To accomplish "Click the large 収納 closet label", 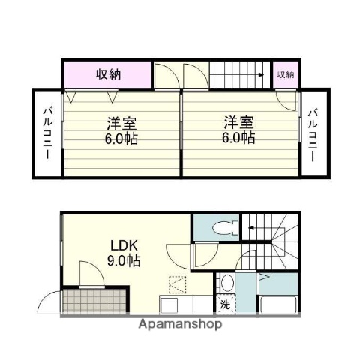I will tap(108, 74).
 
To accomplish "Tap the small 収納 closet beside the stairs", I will tap(286, 73).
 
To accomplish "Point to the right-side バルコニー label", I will tap(313, 135).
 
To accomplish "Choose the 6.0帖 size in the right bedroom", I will tap(238, 138).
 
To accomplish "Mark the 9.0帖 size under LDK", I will tap(121, 261).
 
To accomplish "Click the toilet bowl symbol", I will tap(223, 228).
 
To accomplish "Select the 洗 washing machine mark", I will tap(226, 304).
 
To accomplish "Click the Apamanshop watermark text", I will tap(179, 325).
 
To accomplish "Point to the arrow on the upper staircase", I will tap(260, 74).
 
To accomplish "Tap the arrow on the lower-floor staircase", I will tap(253, 227).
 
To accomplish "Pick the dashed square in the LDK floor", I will tap(178, 285).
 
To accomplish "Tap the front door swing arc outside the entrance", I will tap(45, 304).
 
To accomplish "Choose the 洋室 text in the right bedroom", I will tap(238, 122).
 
